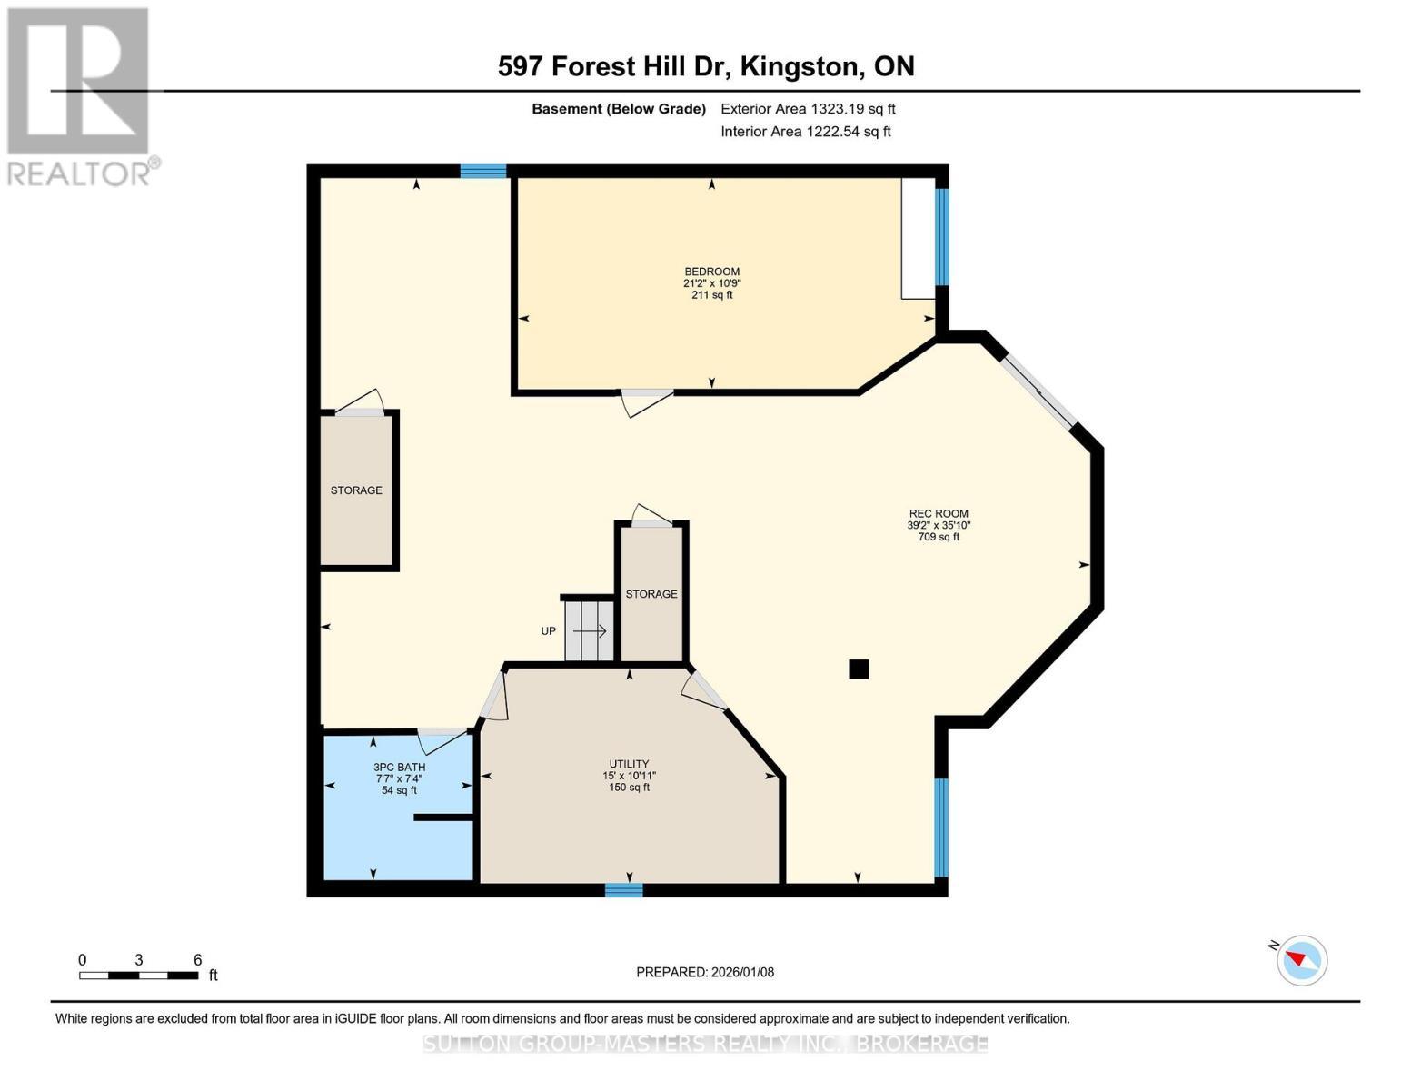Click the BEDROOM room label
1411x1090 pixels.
(711, 272)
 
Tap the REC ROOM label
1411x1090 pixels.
(939, 513)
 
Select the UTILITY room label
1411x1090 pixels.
(629, 764)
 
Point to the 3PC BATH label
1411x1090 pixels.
(400, 768)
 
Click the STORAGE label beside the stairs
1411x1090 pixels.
(651, 594)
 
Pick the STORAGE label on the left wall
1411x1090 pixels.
(356, 490)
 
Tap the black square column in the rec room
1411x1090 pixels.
(859, 669)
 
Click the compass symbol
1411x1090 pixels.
(1301, 961)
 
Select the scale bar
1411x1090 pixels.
(139, 975)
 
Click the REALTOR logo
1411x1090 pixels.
(80, 97)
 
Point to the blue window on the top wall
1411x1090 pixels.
(483, 172)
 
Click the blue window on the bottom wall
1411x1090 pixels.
(624, 890)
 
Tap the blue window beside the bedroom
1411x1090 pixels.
(941, 237)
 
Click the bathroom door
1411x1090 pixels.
(442, 741)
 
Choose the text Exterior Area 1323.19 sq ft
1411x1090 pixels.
(808, 109)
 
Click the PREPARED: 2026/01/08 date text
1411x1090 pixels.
(705, 973)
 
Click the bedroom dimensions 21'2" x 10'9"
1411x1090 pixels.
(711, 283)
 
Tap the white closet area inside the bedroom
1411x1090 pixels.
(919, 238)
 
